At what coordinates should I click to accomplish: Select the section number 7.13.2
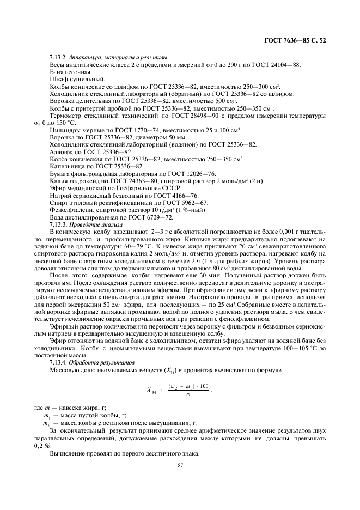pos(59,58)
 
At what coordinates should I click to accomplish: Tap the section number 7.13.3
pos(59,224)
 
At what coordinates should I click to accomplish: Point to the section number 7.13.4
pos(59,362)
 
